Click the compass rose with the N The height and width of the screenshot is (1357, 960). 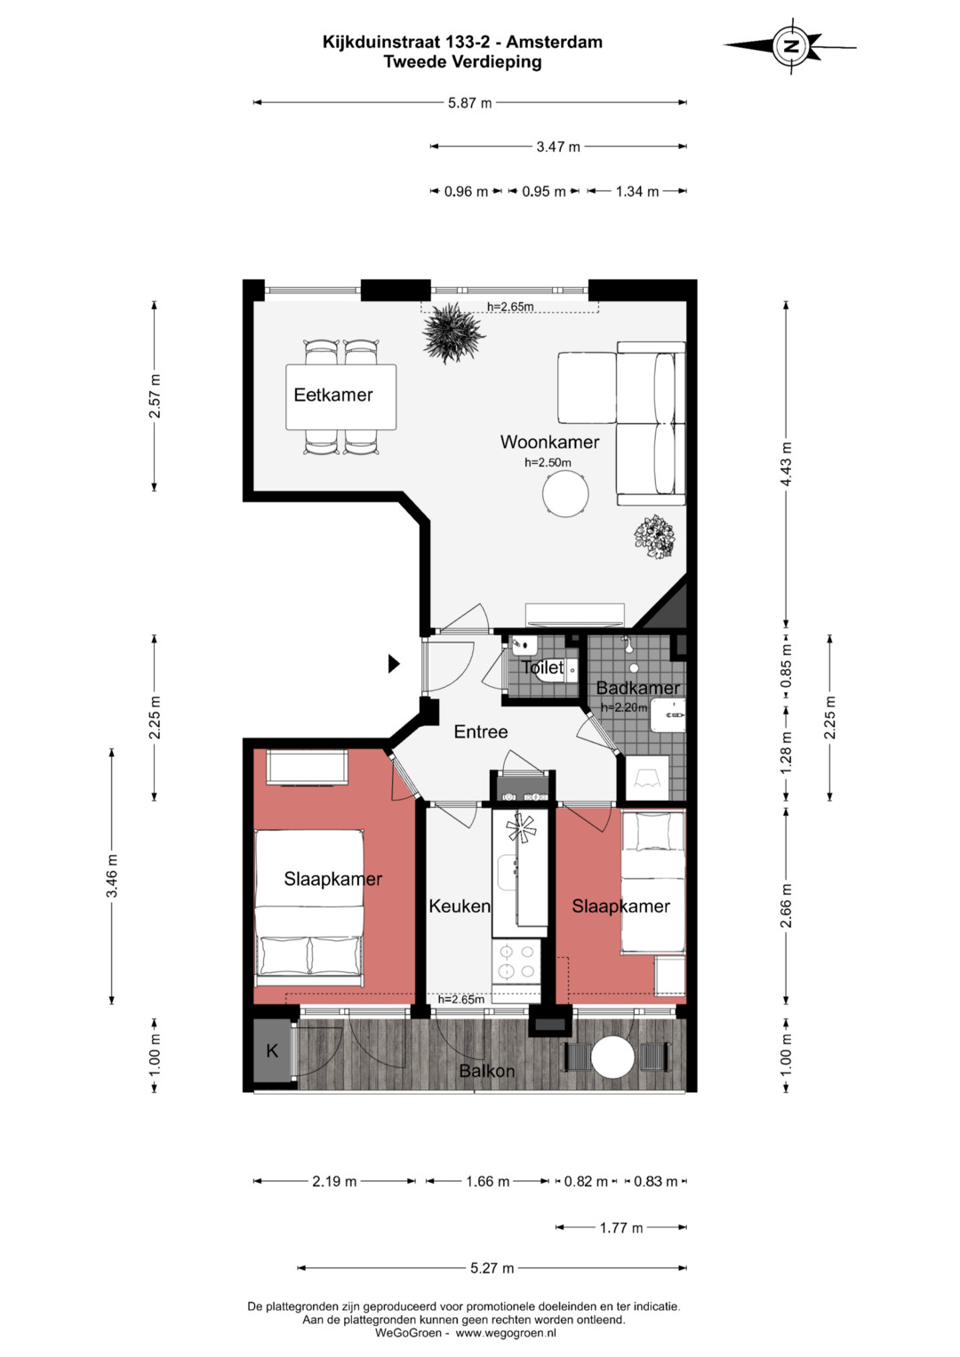[x=790, y=46]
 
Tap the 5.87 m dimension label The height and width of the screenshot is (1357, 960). [x=469, y=103]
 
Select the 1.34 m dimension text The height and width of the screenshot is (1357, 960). [x=637, y=192]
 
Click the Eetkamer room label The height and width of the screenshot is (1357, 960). [x=332, y=395]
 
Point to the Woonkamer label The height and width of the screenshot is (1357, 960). [x=549, y=443]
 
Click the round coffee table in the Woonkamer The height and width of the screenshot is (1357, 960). [x=565, y=494]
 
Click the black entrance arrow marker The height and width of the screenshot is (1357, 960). [x=394, y=664]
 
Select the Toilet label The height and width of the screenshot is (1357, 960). [x=542, y=667]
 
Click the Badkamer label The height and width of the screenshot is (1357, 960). [x=637, y=688]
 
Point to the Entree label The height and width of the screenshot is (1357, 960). [x=481, y=731]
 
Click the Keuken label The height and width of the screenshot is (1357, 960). [x=460, y=906]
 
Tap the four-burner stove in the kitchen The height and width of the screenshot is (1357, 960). [x=516, y=962]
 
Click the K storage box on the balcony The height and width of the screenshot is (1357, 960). [x=272, y=1050]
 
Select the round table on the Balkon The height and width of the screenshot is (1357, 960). [x=612, y=1058]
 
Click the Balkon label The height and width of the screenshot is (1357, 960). [x=487, y=1071]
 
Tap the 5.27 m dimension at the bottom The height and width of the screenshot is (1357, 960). [x=492, y=1268]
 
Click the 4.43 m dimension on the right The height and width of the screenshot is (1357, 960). [x=786, y=464]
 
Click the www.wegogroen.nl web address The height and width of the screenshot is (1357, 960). [x=506, y=1333]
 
